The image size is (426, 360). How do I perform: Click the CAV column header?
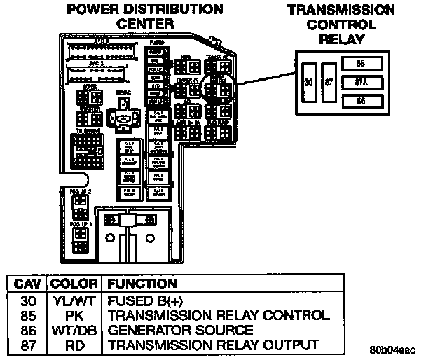27,284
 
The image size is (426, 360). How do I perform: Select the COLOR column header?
74,284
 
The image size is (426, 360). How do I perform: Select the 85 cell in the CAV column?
28,314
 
